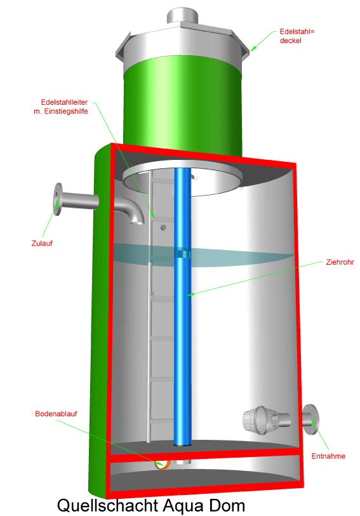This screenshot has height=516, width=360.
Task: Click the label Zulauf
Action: [x=42, y=244]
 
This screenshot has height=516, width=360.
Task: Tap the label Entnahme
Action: [x=328, y=456]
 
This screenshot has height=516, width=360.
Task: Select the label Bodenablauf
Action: [x=56, y=414]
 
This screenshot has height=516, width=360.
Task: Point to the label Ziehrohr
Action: [x=340, y=262]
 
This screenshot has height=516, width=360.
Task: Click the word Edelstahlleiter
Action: [x=64, y=102]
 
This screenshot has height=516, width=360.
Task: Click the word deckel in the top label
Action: [x=291, y=41]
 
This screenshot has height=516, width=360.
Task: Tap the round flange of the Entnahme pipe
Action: [x=310, y=420]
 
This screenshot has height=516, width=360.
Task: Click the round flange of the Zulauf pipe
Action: [x=58, y=199]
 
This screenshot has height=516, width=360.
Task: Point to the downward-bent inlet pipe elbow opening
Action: [x=138, y=222]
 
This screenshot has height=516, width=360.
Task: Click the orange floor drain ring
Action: [x=162, y=464]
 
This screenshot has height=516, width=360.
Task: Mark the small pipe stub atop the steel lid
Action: [x=182, y=16]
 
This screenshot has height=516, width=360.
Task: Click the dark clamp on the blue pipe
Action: [x=183, y=254]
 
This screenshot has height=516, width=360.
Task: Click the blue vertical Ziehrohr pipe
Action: [x=183, y=306]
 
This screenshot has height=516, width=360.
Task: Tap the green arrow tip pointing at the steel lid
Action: [x=250, y=51]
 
